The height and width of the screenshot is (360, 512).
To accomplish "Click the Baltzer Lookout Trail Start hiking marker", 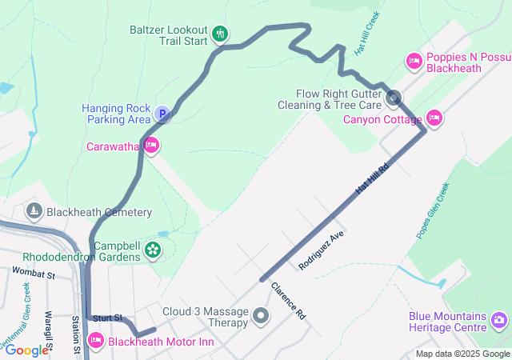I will pyautogui.click(x=221, y=34).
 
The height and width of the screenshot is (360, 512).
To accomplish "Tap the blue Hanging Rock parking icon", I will pyautogui.click(x=162, y=115).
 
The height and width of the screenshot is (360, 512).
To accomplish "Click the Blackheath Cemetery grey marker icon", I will pyautogui.click(x=34, y=211).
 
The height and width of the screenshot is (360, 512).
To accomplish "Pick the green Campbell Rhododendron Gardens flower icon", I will pyautogui.click(x=152, y=251).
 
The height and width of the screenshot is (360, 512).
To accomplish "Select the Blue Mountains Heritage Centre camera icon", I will pyautogui.click(x=499, y=322).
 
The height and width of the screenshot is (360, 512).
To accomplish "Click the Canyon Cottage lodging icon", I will pyautogui.click(x=434, y=118).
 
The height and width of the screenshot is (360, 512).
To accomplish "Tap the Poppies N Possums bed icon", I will pyautogui.click(x=414, y=60).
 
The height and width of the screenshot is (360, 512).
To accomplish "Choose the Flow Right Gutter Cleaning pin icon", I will pyautogui.click(x=394, y=99).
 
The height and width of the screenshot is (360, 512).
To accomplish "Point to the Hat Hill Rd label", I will pyautogui.click(x=371, y=179).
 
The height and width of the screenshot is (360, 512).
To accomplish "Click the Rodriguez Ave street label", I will pyautogui.click(x=320, y=248).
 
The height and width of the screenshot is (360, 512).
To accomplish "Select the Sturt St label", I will pyautogui.click(x=106, y=318).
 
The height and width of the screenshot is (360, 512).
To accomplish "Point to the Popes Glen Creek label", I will pyautogui.click(x=433, y=211).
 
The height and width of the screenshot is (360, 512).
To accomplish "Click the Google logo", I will pyautogui.click(x=26, y=350).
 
